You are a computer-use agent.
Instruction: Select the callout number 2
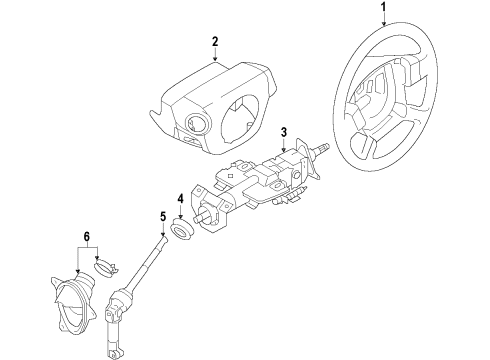(214, 42)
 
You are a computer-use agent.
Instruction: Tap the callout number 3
(284, 132)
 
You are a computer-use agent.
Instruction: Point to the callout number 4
(180, 198)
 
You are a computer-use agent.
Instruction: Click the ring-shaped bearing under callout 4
(181, 232)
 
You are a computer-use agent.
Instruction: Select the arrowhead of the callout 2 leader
(214, 64)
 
